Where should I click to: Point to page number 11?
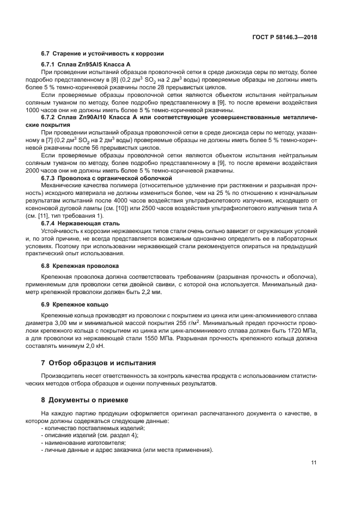314,463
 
